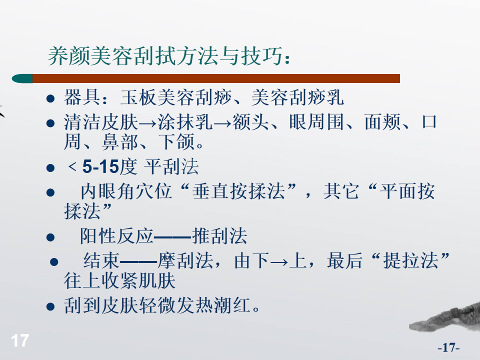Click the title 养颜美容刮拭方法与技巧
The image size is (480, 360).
pyautogui.click(x=165, y=56)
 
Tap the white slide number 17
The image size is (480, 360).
pyautogui.click(x=20, y=340)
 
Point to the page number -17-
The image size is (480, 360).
pyautogui.click(x=448, y=347)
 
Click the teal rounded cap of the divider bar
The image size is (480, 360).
pyautogui.click(x=22, y=78)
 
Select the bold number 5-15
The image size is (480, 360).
pyautogui.click(x=100, y=167)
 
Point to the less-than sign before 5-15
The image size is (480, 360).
pyautogui.click(x=72, y=166)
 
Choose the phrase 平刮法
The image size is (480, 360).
pyautogui.click(x=171, y=167)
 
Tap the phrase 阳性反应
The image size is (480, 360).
pyautogui.click(x=116, y=236)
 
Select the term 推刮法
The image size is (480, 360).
pyautogui.click(x=219, y=236)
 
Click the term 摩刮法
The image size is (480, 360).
pyautogui.click(x=185, y=260)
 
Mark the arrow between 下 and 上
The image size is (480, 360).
pyautogui.click(x=279, y=262)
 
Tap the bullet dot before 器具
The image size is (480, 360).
pyautogui.click(x=50, y=98)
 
